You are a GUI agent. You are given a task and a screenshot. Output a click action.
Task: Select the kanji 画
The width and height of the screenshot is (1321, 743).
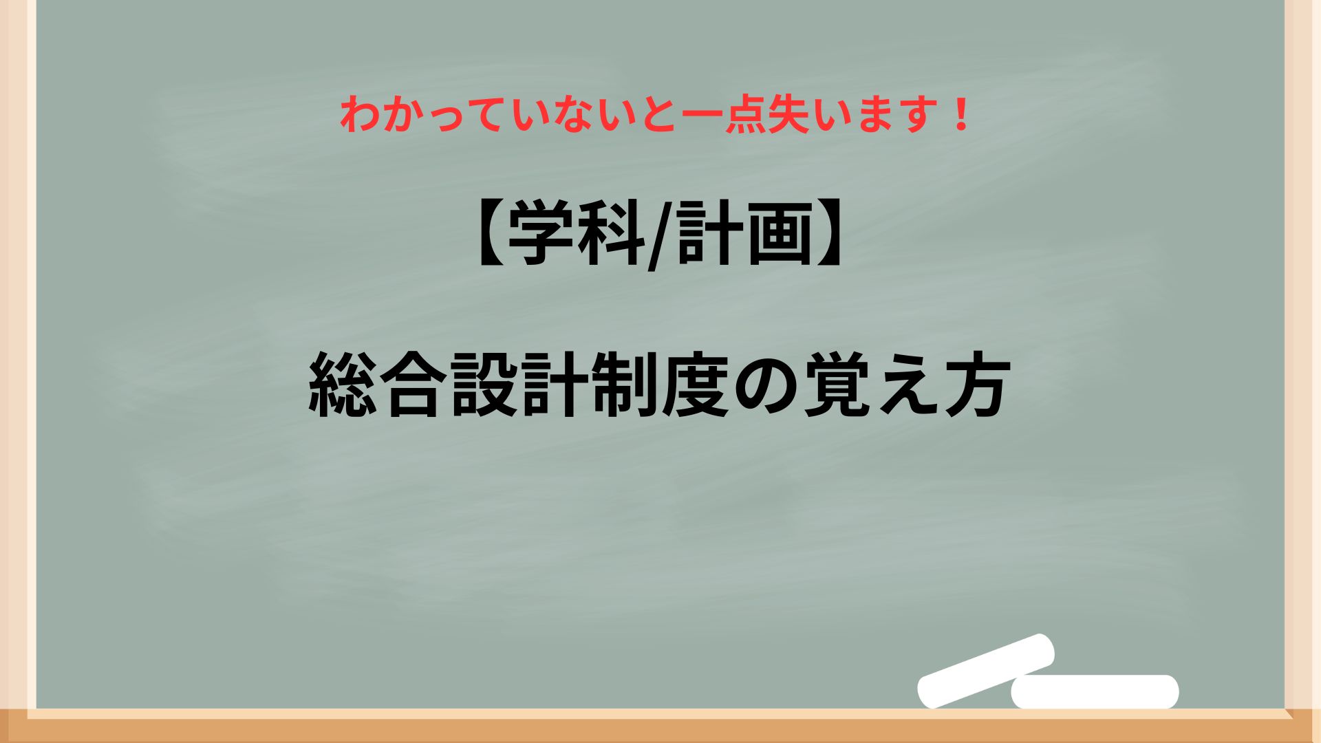point(779,235)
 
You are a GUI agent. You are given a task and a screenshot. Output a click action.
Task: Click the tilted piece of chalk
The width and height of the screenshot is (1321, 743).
point(987,670)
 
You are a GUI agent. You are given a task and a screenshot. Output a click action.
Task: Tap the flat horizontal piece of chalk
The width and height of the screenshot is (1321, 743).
point(1095,691)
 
